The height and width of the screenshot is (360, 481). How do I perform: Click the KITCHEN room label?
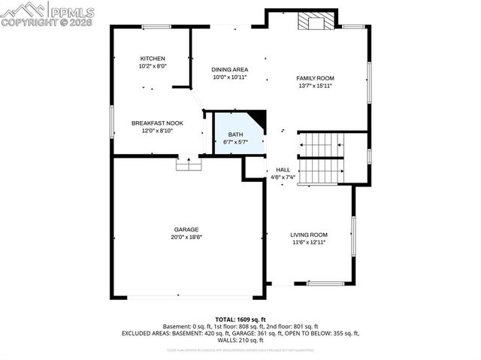pos(153,59)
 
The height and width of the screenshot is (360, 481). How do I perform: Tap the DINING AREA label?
pos(229,70)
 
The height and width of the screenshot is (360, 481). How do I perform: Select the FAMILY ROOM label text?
pos(315,78)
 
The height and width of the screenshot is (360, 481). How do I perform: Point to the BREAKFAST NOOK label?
pos(157,123)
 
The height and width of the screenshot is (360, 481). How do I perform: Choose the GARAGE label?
pos(186,229)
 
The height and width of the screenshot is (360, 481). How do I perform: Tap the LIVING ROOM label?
pos(309,234)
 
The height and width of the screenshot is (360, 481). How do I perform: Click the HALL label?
pos(283,170)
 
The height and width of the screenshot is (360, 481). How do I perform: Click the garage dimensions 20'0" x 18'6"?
pos(186,237)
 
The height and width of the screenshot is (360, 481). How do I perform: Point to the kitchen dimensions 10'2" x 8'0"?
pos(153,66)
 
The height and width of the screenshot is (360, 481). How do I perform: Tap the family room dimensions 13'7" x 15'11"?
pos(315,86)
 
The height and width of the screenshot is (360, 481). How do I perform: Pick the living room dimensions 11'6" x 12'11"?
pos(309,242)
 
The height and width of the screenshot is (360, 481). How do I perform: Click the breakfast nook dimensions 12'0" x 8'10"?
pos(157,130)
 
